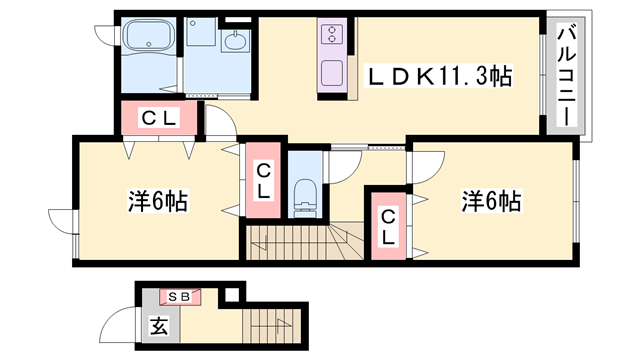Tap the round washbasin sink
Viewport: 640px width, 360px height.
(x=237, y=43)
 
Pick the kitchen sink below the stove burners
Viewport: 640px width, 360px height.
(x=331, y=73)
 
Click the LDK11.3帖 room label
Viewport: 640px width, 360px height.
(x=439, y=74)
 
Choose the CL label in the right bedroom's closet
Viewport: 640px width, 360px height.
(x=389, y=226)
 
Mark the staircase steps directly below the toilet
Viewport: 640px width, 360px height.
(x=300, y=241)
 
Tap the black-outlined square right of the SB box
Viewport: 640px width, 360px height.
(x=233, y=294)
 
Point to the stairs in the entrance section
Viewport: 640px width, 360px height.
(x=270, y=325)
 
